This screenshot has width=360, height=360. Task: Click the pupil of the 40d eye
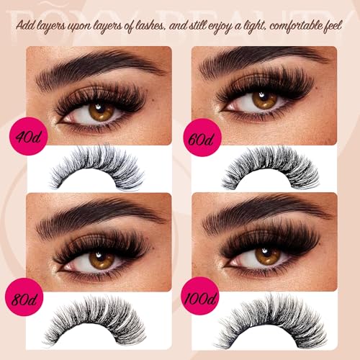click(x=101, y=112)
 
